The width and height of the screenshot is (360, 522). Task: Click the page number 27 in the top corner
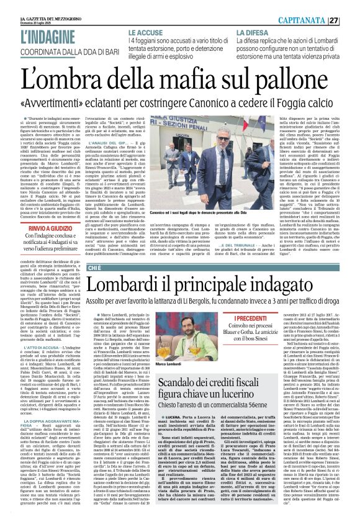click(x=351, y=20)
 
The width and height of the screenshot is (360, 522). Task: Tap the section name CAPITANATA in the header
click(x=315, y=20)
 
